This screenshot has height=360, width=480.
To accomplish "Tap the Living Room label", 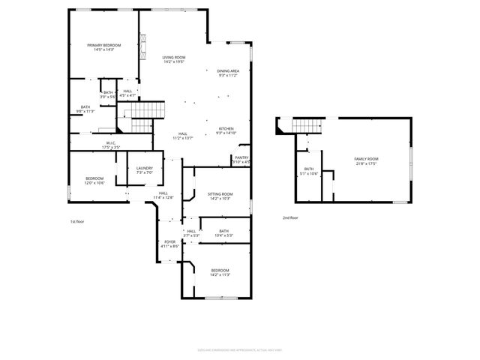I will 174,59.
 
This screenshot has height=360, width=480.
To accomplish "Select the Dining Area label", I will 227,73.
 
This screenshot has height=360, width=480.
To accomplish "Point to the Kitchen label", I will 226,130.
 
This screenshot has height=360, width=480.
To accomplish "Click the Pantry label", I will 241,160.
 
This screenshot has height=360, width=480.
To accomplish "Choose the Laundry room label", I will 145,170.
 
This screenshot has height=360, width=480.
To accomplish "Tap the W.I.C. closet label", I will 110,145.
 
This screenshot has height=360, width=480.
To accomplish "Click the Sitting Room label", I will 220,196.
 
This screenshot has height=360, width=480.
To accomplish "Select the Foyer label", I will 169,244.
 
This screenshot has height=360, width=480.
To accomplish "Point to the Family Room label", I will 366,161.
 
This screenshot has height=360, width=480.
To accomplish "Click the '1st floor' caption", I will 77,222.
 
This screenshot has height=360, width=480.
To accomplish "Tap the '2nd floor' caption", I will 289,217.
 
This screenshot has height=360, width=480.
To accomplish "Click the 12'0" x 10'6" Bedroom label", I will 94,181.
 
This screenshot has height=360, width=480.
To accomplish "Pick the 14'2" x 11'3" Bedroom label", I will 220,272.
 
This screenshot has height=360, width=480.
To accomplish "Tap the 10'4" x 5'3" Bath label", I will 223,233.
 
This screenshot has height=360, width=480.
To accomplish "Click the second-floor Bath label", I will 309,171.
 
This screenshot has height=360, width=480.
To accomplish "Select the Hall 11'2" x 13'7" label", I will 183,136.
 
